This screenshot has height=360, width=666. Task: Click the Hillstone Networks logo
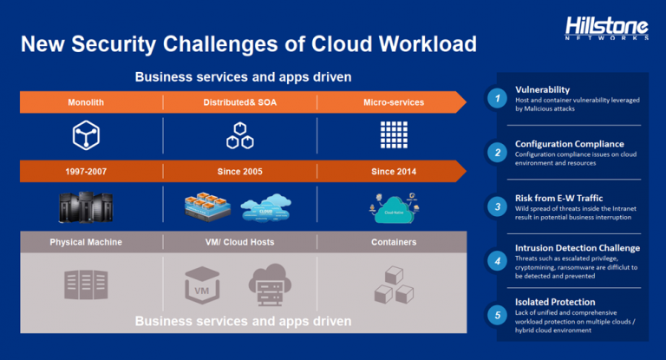pos(606,28)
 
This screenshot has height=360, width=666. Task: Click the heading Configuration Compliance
pos(569,144)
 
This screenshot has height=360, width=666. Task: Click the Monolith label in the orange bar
pos(86,102)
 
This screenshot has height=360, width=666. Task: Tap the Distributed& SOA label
pos(239,102)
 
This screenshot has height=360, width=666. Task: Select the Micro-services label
pos(394,102)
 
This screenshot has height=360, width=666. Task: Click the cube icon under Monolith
pos(86,134)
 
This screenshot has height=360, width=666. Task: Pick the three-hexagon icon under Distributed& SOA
pos(239,134)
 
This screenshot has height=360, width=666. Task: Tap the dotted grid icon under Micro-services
pos(394,134)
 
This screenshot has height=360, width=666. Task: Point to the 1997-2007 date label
pos(86,172)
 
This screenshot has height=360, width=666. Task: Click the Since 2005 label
pos(239,172)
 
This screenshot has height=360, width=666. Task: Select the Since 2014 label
pos(394,172)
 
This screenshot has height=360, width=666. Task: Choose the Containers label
pos(394,242)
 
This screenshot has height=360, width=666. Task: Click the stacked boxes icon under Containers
pos(393,285)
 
